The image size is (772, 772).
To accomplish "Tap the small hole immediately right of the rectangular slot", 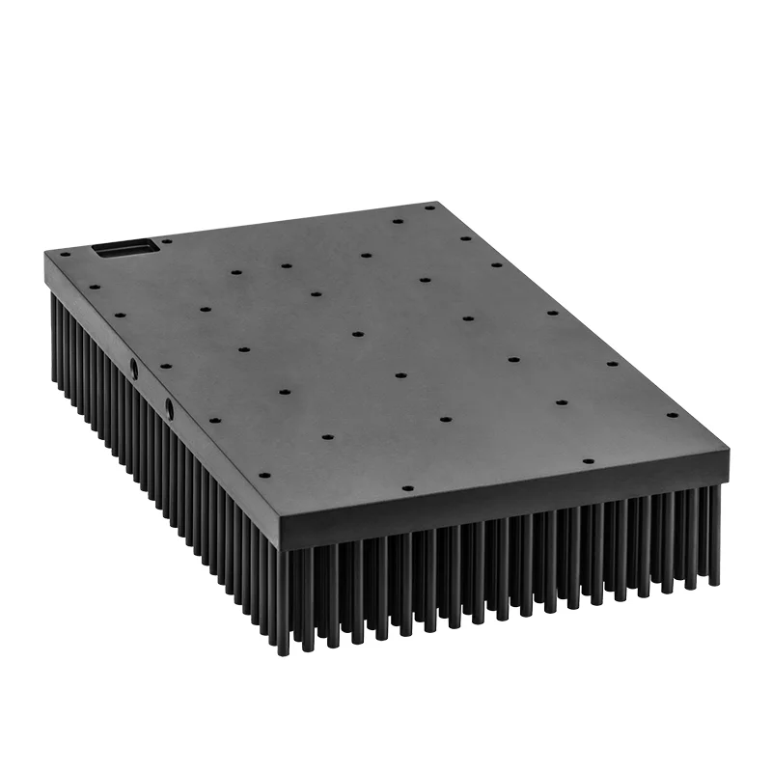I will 167,241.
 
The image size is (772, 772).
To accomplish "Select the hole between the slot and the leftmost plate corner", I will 65,256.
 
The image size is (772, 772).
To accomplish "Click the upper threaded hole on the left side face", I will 134,368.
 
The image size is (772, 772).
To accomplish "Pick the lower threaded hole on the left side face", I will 170,409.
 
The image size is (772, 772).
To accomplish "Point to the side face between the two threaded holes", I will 152,388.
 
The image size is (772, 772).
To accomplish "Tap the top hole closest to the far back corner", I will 429,207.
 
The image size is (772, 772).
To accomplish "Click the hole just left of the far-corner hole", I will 397,221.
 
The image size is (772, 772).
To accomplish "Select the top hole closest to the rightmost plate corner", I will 672,415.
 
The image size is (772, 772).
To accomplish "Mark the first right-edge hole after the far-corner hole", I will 465,238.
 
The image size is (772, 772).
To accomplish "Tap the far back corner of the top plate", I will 437,202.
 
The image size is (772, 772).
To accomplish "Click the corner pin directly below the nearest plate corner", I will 283,598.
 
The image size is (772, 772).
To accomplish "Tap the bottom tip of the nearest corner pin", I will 283,653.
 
